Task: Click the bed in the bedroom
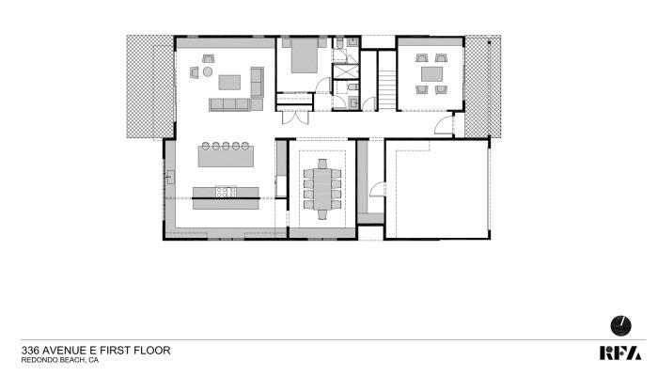(305, 55)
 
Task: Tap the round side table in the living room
(208, 71)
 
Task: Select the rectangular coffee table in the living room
(229, 83)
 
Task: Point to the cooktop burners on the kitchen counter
(226, 192)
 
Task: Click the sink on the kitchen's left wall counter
(171, 177)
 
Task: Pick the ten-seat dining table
(321, 189)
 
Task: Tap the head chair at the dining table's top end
(322, 164)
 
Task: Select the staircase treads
(387, 90)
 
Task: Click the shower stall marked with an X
(346, 71)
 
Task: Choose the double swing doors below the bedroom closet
(295, 118)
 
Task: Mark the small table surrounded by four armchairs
(431, 74)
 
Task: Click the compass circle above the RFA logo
(620, 325)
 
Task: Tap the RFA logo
(620, 352)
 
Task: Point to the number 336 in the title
(31, 351)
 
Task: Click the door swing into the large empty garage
(378, 189)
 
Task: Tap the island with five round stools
(226, 154)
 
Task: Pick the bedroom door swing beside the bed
(323, 86)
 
